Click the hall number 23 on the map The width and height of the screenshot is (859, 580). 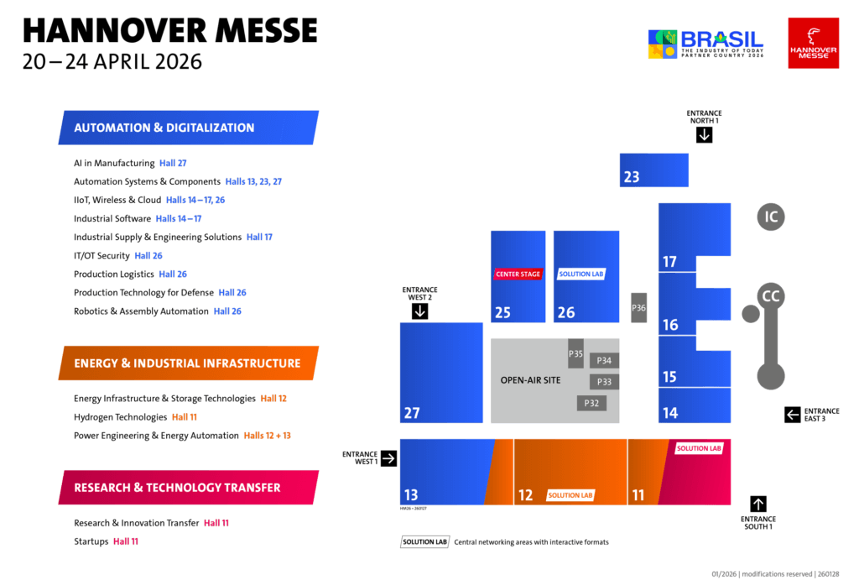coord(632,177)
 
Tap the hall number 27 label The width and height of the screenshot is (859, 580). coord(412,413)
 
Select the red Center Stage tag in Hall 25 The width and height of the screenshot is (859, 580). coord(518,274)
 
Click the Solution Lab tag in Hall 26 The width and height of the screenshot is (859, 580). coord(581,274)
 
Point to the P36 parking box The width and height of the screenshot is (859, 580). coord(639,308)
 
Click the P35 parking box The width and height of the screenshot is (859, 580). coord(575,353)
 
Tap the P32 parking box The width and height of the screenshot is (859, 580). coord(591,403)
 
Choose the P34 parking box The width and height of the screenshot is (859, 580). coord(604,361)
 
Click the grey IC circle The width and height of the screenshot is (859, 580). coord(771,217)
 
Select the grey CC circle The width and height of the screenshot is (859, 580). coord(771,296)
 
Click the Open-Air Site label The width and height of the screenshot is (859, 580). coord(530,380)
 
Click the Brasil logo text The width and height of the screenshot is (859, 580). coord(721,39)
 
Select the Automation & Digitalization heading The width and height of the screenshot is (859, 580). coord(164,128)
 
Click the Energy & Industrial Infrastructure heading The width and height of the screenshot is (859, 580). coord(187,363)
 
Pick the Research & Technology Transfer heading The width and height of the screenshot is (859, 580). coord(177,488)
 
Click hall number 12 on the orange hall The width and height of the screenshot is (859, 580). coord(525,495)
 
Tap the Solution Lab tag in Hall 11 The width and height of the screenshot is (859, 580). coord(699,448)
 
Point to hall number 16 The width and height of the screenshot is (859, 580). coord(670,325)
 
